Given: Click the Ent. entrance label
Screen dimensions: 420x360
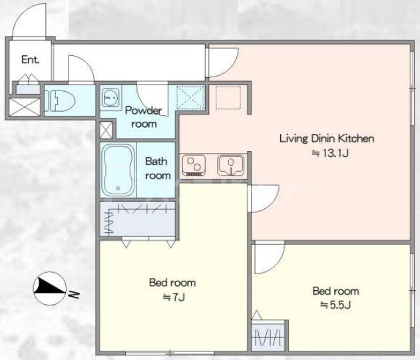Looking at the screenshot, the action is [30, 59].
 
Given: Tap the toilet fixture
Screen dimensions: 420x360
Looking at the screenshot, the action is [60, 100].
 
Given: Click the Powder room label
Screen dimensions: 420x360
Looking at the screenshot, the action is [144, 117].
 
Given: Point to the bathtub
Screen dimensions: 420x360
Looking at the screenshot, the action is [118, 170].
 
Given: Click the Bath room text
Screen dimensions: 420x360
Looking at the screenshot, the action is [158, 168].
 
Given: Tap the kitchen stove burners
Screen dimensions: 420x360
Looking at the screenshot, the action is [194, 166].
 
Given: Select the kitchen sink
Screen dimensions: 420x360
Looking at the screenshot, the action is [231, 165].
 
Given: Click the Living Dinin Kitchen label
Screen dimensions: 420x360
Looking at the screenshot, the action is [327, 138].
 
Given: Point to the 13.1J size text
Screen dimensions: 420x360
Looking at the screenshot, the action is [330, 154].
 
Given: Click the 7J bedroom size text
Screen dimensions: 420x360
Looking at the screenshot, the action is [174, 297].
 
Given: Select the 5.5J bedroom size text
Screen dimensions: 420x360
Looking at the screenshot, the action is [335, 305].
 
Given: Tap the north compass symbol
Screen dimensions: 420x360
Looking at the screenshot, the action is [49, 288].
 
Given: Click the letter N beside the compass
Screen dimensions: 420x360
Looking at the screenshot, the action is [74, 294].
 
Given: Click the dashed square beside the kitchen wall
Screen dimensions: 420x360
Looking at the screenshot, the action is [228, 97].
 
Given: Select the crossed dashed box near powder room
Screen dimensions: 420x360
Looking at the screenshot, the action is [191, 97].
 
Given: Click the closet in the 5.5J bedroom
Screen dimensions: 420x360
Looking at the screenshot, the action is [268, 335].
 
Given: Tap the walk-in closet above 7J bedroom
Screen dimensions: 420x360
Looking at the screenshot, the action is [138, 219].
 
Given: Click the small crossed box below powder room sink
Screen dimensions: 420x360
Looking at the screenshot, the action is [106, 130].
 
